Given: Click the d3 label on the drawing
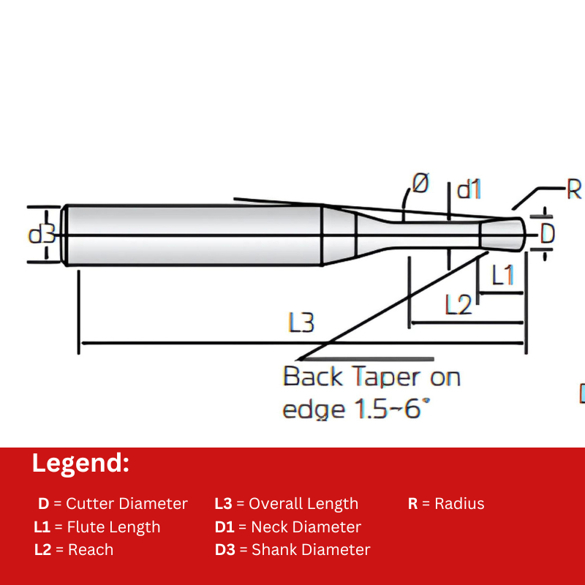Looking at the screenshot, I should (x=42, y=235).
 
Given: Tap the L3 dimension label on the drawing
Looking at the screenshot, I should (x=301, y=322).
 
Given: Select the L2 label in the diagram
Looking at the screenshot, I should (x=458, y=304).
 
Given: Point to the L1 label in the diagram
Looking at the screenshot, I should (x=502, y=276).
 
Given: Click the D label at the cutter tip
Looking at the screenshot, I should (x=548, y=234).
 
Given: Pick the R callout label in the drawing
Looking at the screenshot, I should (x=574, y=190).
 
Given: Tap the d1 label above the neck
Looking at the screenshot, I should (x=469, y=190).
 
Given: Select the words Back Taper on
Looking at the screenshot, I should (x=371, y=377).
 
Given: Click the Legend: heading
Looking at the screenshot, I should (x=80, y=464).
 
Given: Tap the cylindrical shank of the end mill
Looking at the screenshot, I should (x=194, y=235).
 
